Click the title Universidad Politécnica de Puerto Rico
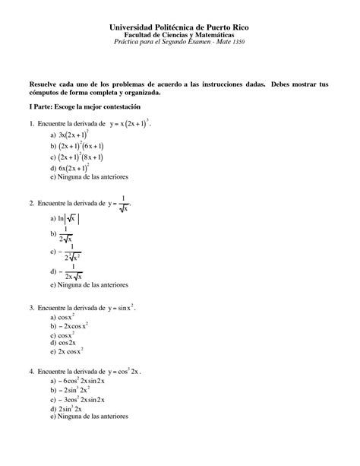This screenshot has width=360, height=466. click(x=179, y=28)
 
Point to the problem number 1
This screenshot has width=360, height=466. click(x=31, y=124)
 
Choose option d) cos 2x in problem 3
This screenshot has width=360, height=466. click(x=65, y=344)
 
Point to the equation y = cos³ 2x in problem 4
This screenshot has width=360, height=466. click(x=125, y=372)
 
